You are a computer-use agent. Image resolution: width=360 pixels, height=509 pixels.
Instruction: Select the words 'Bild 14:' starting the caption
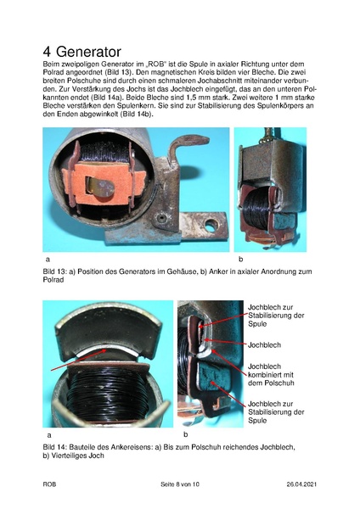pos(56,446)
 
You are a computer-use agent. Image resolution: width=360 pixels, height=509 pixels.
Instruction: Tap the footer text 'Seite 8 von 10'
pos(180,484)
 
